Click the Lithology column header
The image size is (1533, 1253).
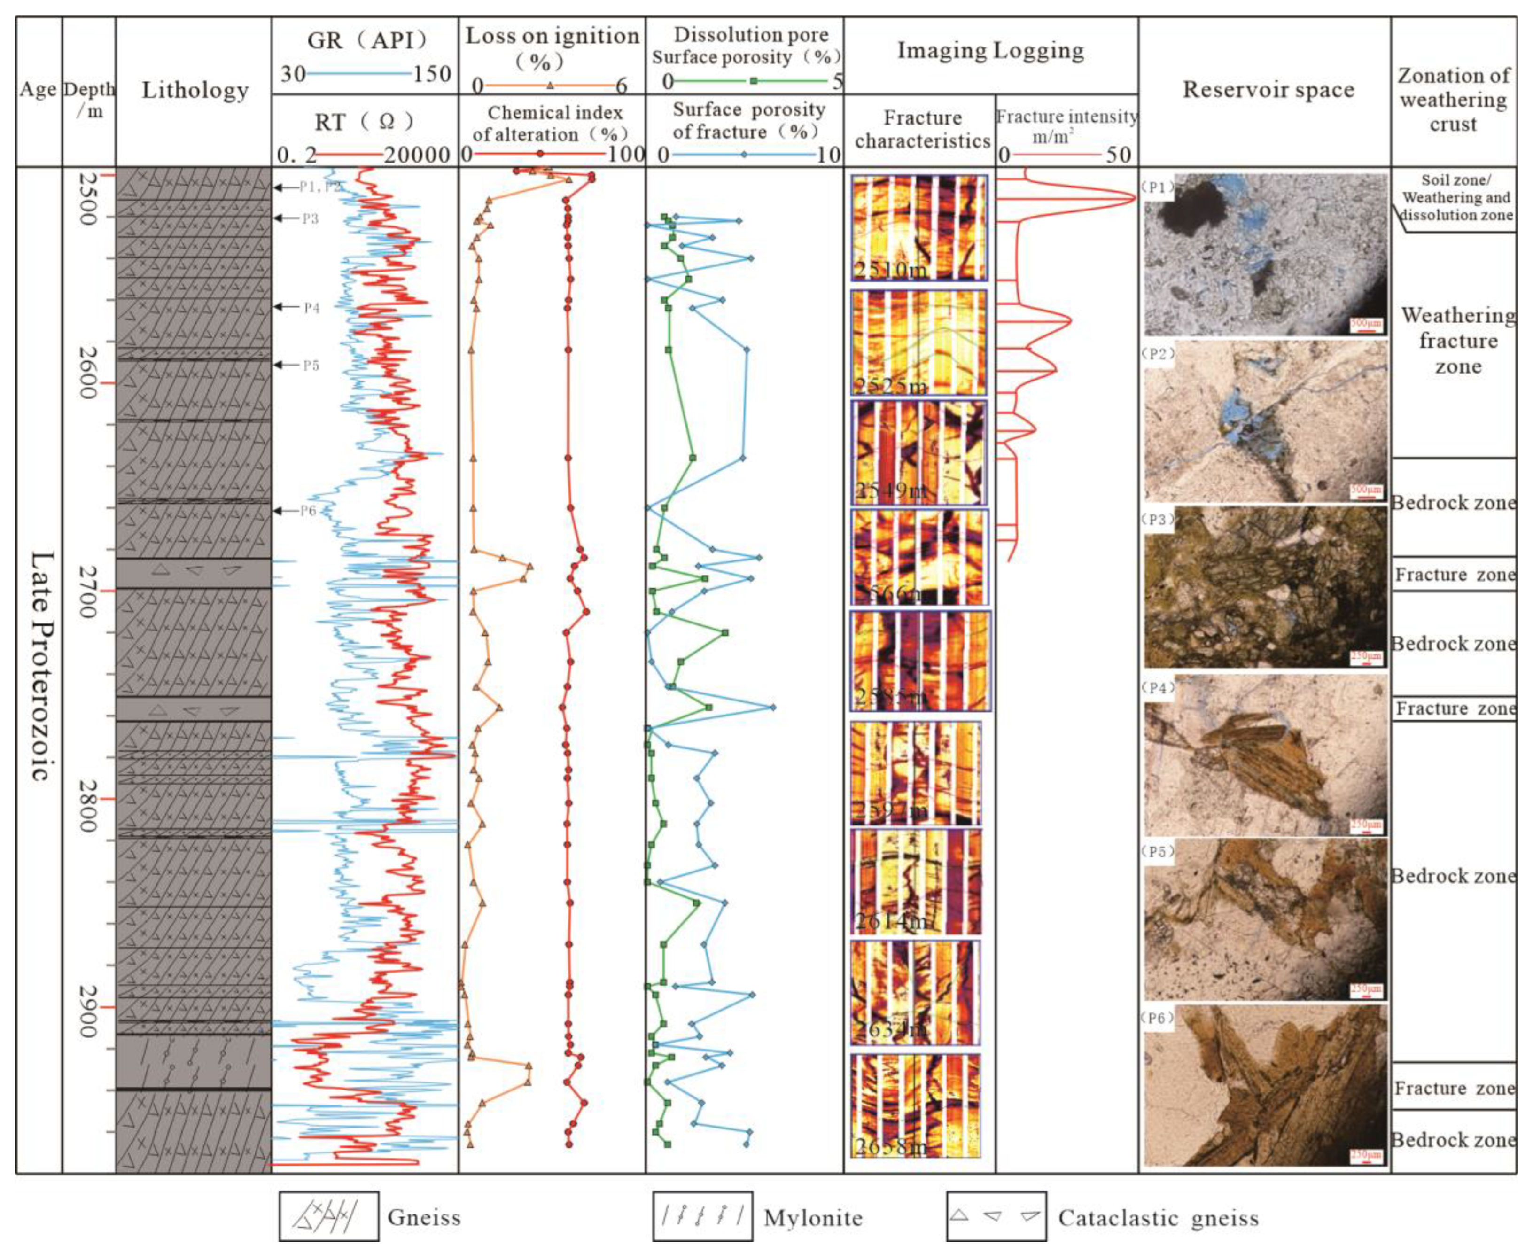tap(195, 90)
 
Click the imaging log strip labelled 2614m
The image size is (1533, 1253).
tap(915, 881)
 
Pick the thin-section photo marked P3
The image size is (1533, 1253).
tap(1265, 587)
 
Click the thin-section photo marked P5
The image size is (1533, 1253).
tap(1265, 919)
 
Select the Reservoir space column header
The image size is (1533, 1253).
tap(1268, 90)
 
